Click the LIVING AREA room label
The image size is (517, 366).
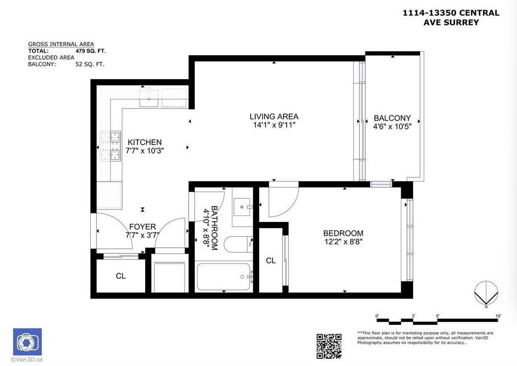tap(273, 116)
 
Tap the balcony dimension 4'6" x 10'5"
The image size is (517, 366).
tap(392, 127)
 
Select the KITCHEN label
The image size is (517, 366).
tap(145, 142)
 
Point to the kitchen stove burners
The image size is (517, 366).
tap(110, 147)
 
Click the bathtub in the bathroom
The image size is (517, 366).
tap(224, 276)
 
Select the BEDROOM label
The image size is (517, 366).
tap(343, 233)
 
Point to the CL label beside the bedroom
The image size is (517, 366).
tap(271, 261)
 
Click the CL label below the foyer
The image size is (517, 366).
tap(120, 276)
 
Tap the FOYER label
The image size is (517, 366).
tap(142, 227)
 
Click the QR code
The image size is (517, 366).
tap(329, 345)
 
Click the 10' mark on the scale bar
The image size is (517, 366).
tap(498, 316)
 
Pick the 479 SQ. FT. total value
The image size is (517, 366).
tap(90, 51)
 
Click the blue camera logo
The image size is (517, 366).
tap(27, 342)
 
